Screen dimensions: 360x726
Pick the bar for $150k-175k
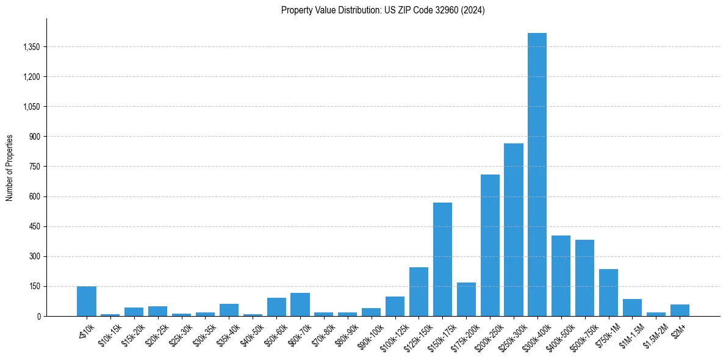pyautogui.click(x=442, y=259)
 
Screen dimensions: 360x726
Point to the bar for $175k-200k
pyautogui.click(x=466, y=300)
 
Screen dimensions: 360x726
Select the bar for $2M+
pyautogui.click(x=680, y=310)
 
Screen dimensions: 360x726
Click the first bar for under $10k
pyautogui.click(x=86, y=301)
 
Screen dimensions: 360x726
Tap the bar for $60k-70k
pyautogui.click(x=300, y=304)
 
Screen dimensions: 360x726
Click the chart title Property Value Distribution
pyautogui.click(x=383, y=10)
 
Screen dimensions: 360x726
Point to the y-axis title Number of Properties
pyautogui.click(x=10, y=167)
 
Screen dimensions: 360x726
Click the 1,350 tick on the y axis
pyautogui.click(x=30, y=47)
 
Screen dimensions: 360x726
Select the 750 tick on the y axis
pyautogui.click(x=34, y=167)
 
